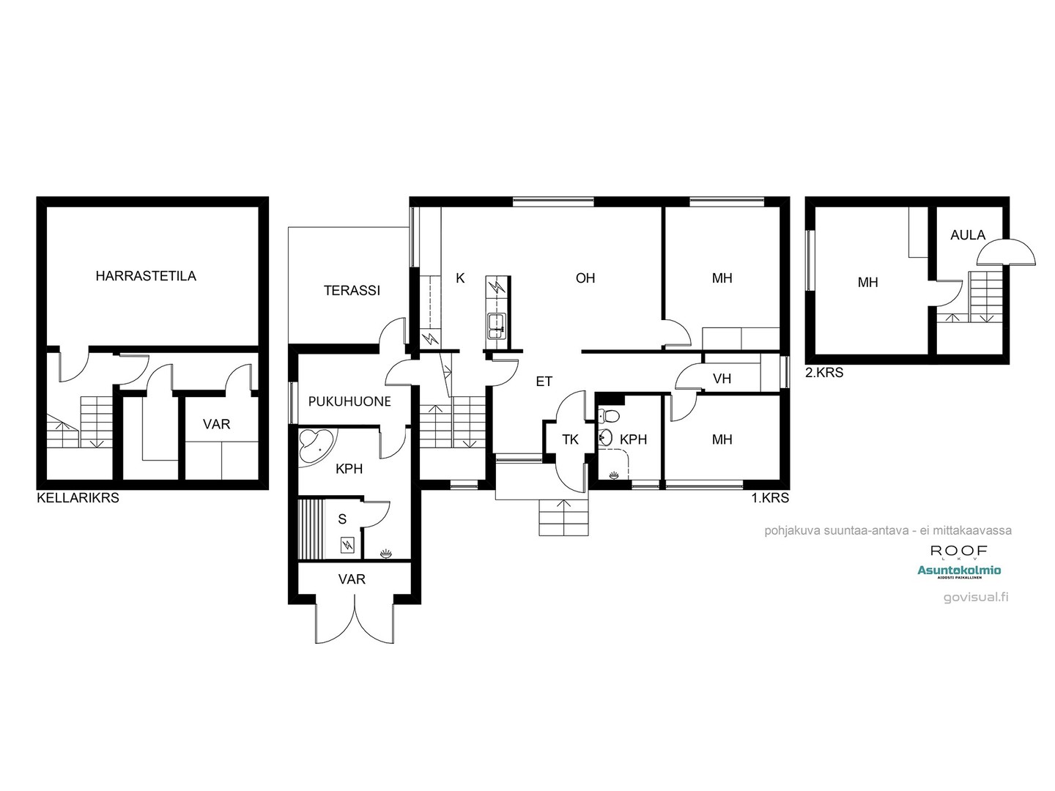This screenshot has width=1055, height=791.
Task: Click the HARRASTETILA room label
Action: (x=146, y=276)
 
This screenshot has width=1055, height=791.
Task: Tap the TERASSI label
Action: (x=352, y=291)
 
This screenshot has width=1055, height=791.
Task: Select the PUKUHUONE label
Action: (x=349, y=401)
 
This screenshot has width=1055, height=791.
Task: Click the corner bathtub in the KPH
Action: (x=316, y=445)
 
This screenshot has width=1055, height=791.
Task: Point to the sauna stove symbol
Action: (x=347, y=544)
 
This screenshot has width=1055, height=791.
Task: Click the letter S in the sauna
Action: (x=342, y=519)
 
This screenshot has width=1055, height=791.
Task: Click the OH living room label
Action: (x=585, y=278)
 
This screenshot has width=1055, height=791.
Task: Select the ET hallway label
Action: (x=544, y=382)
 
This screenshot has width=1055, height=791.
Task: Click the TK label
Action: (x=570, y=439)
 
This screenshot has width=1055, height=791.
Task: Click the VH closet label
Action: (x=722, y=379)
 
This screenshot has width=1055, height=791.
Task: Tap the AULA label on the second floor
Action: (x=968, y=235)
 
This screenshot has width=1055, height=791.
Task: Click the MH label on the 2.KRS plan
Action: (x=867, y=282)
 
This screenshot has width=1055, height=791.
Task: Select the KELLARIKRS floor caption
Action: (x=78, y=498)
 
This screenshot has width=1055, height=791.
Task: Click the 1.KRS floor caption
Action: (x=770, y=498)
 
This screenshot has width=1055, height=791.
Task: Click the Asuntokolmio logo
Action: (x=959, y=571)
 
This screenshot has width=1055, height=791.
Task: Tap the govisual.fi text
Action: (x=976, y=596)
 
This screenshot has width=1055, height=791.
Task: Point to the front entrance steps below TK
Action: (x=563, y=518)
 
